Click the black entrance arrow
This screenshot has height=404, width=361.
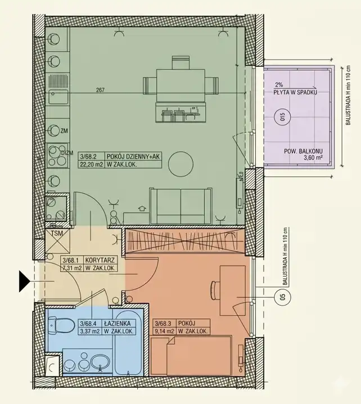point(24,281)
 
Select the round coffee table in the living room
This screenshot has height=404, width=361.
point(180,164)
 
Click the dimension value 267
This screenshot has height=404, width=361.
point(100,90)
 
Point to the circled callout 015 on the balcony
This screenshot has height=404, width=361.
point(282,117)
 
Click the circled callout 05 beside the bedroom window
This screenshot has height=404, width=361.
point(283,297)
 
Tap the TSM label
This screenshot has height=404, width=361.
point(57,233)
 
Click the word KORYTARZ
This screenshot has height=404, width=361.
point(100,260)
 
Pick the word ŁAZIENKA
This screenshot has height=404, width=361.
point(118,323)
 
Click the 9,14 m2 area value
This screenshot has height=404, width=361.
point(164,331)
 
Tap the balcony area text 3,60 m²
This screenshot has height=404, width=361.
point(313,157)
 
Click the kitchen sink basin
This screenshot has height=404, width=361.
point(58,96)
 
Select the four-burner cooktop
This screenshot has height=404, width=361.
point(58,156)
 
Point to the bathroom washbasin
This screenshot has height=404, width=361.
point(100,363)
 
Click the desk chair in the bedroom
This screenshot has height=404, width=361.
point(215,290)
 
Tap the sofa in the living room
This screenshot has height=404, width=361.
point(181,206)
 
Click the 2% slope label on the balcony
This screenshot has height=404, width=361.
point(279,84)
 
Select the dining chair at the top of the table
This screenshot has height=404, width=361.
point(180,62)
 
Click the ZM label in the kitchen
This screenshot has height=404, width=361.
point(64,131)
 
